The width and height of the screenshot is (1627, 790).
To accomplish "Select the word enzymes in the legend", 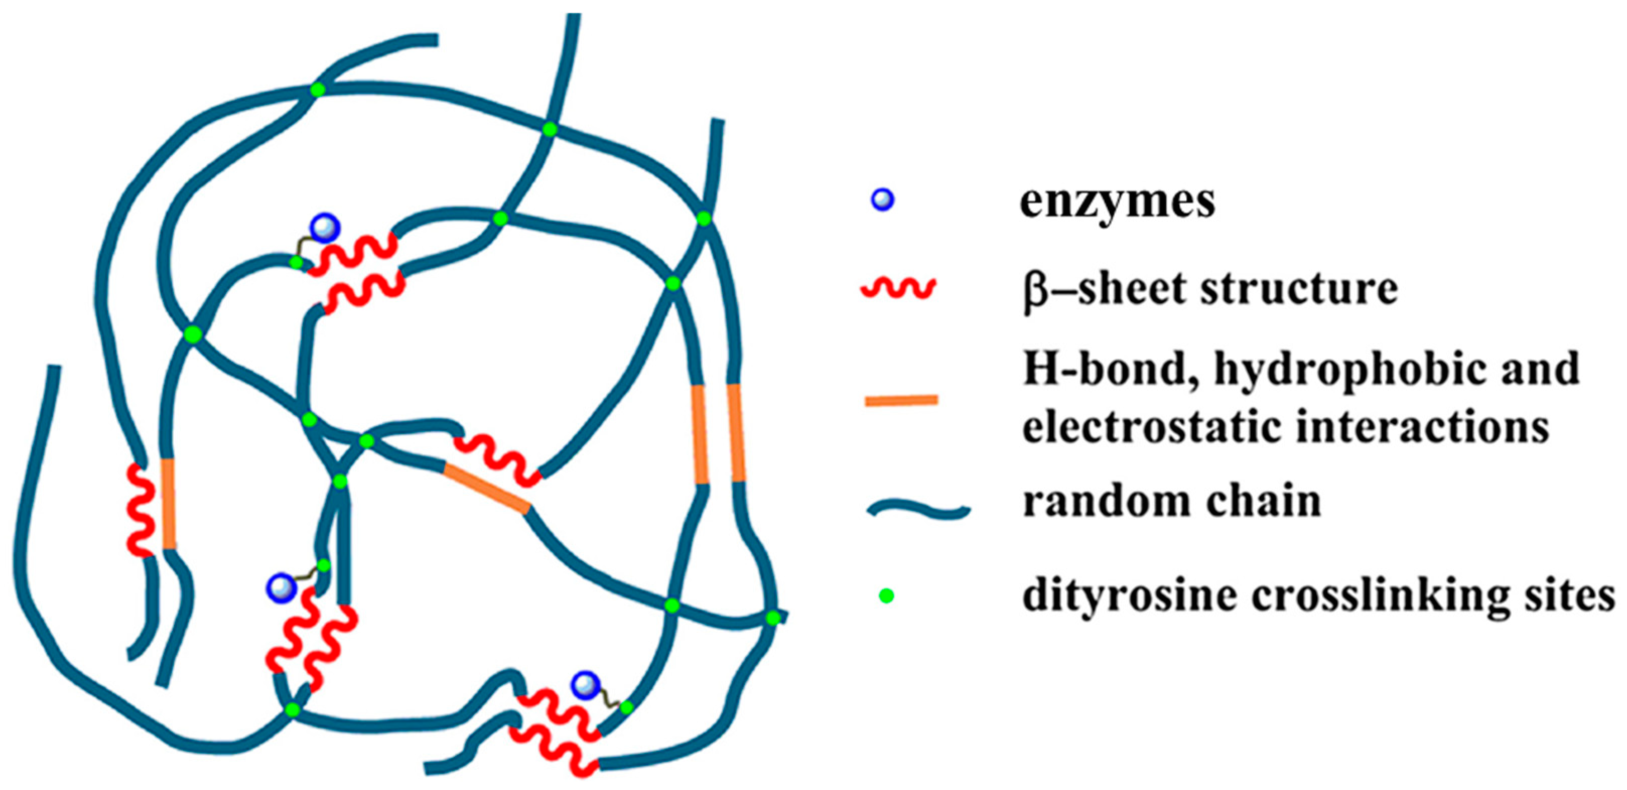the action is click(1117, 202).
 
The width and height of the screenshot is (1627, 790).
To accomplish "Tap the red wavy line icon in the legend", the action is click(898, 288).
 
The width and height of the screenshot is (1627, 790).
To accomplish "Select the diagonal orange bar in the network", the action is click(486, 488).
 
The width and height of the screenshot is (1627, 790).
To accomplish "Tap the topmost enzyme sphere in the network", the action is click(324, 228).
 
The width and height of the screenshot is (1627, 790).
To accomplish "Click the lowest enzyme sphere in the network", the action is click(585, 685).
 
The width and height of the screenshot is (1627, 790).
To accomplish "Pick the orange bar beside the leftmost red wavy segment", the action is click(168, 503).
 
